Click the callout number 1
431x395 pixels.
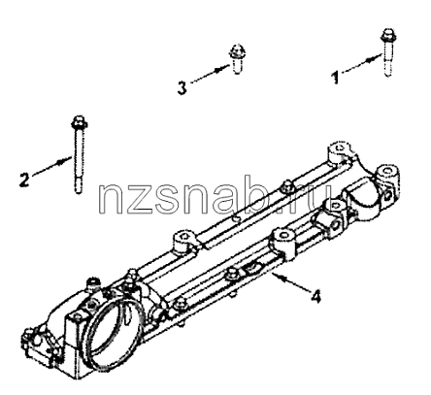pyautogui.click(x=336, y=78)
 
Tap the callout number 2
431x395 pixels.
pyautogui.click(x=23, y=180)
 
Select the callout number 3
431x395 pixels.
pyautogui.click(x=182, y=87)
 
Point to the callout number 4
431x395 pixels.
pyautogui.click(x=316, y=296)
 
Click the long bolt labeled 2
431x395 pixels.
pyautogui.click(x=78, y=154)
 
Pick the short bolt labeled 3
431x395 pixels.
pyautogui.click(x=237, y=59)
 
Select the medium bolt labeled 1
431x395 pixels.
pyautogui.click(x=387, y=52)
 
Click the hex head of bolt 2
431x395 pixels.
pyautogui.click(x=78, y=121)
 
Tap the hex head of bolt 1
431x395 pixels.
pyautogui.click(x=387, y=35)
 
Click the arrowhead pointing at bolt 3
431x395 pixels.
pyautogui.click(x=225, y=68)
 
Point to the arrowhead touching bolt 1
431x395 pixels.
pyautogui.click(x=376, y=59)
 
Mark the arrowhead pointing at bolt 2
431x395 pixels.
pyautogui.click(x=65, y=159)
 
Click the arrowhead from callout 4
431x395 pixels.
pyautogui.click(x=277, y=277)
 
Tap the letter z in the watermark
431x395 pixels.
pyautogui.click(x=137, y=202)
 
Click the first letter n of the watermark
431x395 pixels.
pyautogui.click(x=110, y=201)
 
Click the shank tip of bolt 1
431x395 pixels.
pyautogui.click(x=388, y=73)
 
